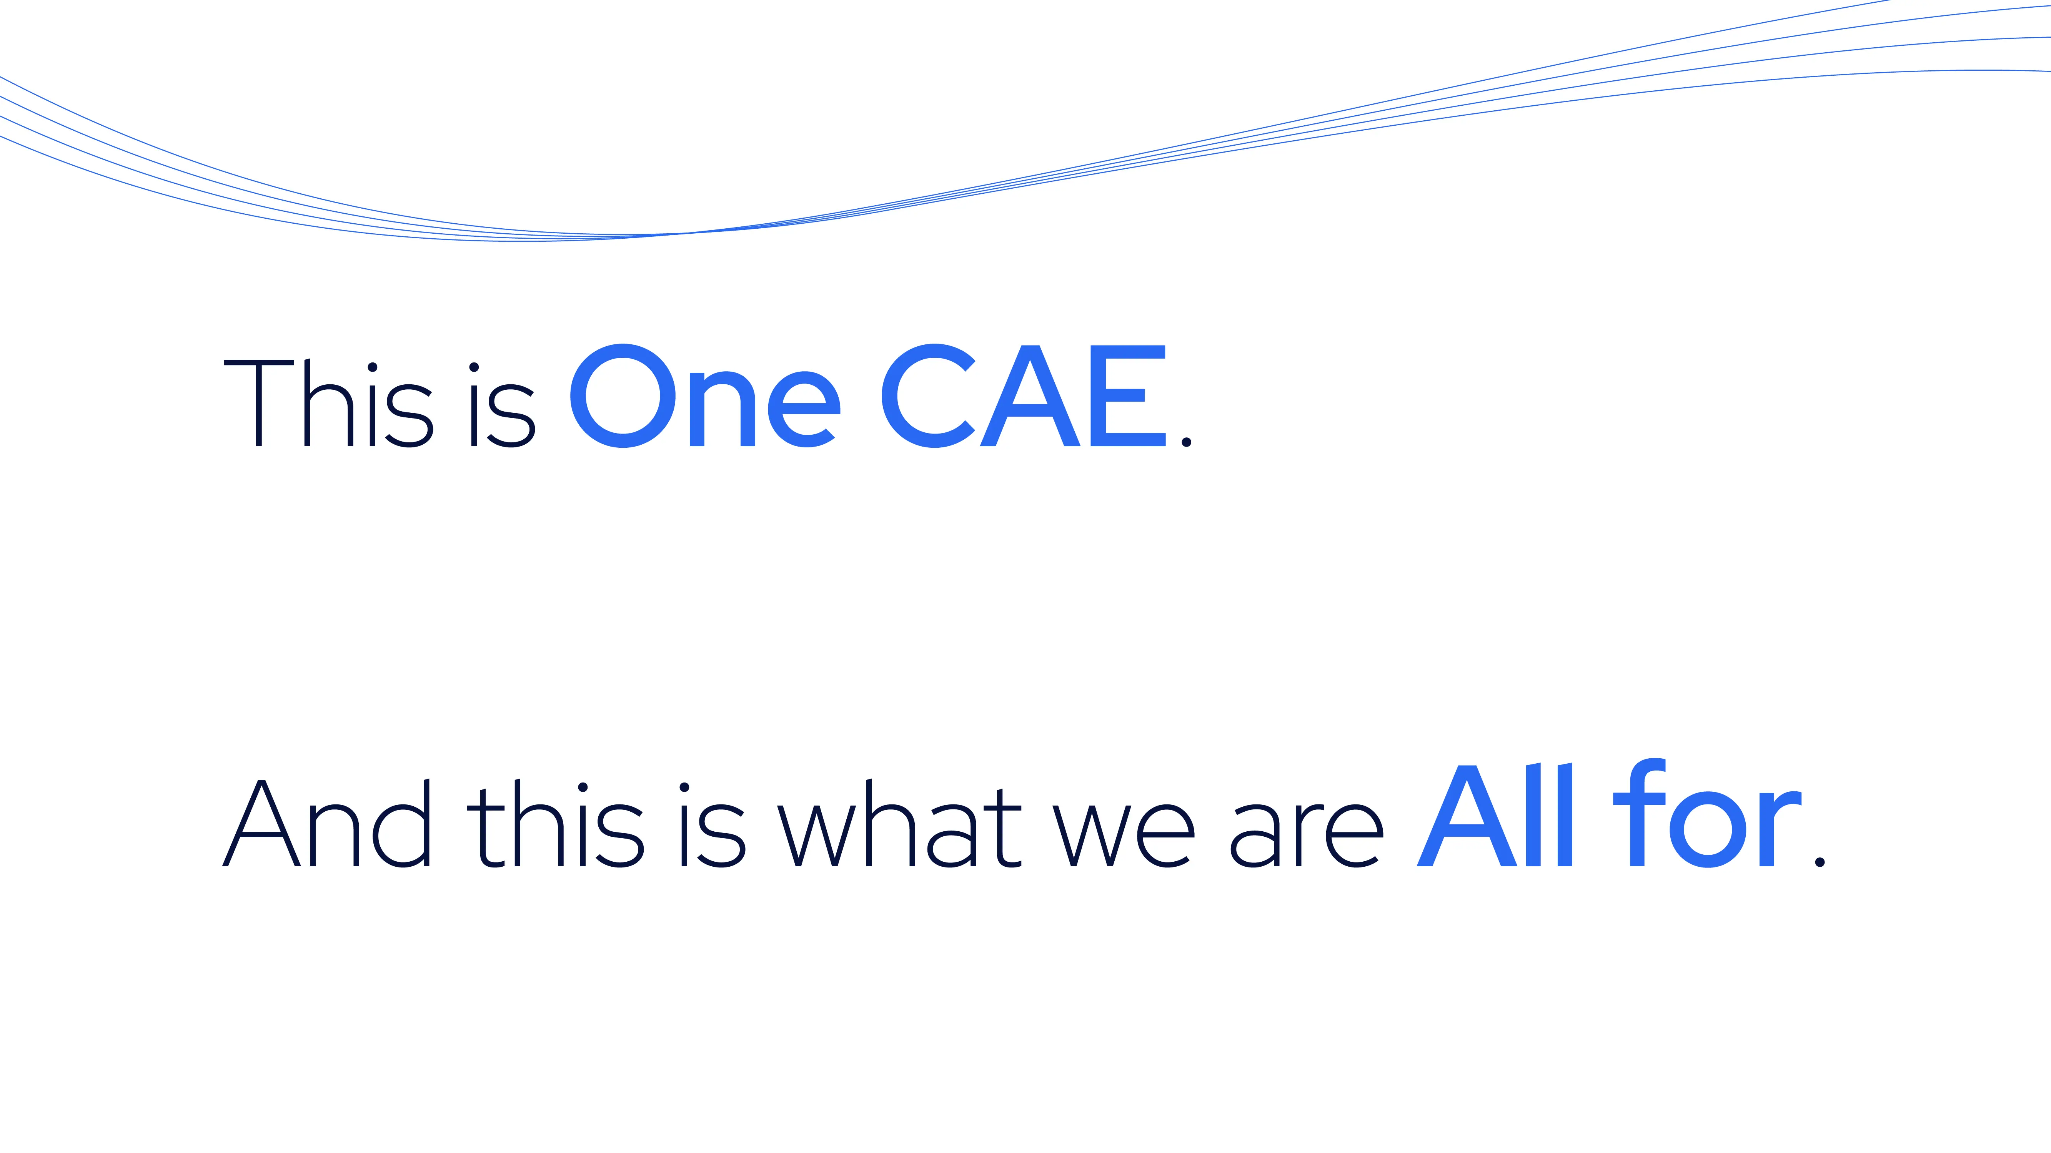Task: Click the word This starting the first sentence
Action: point(328,404)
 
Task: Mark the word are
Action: point(1307,836)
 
